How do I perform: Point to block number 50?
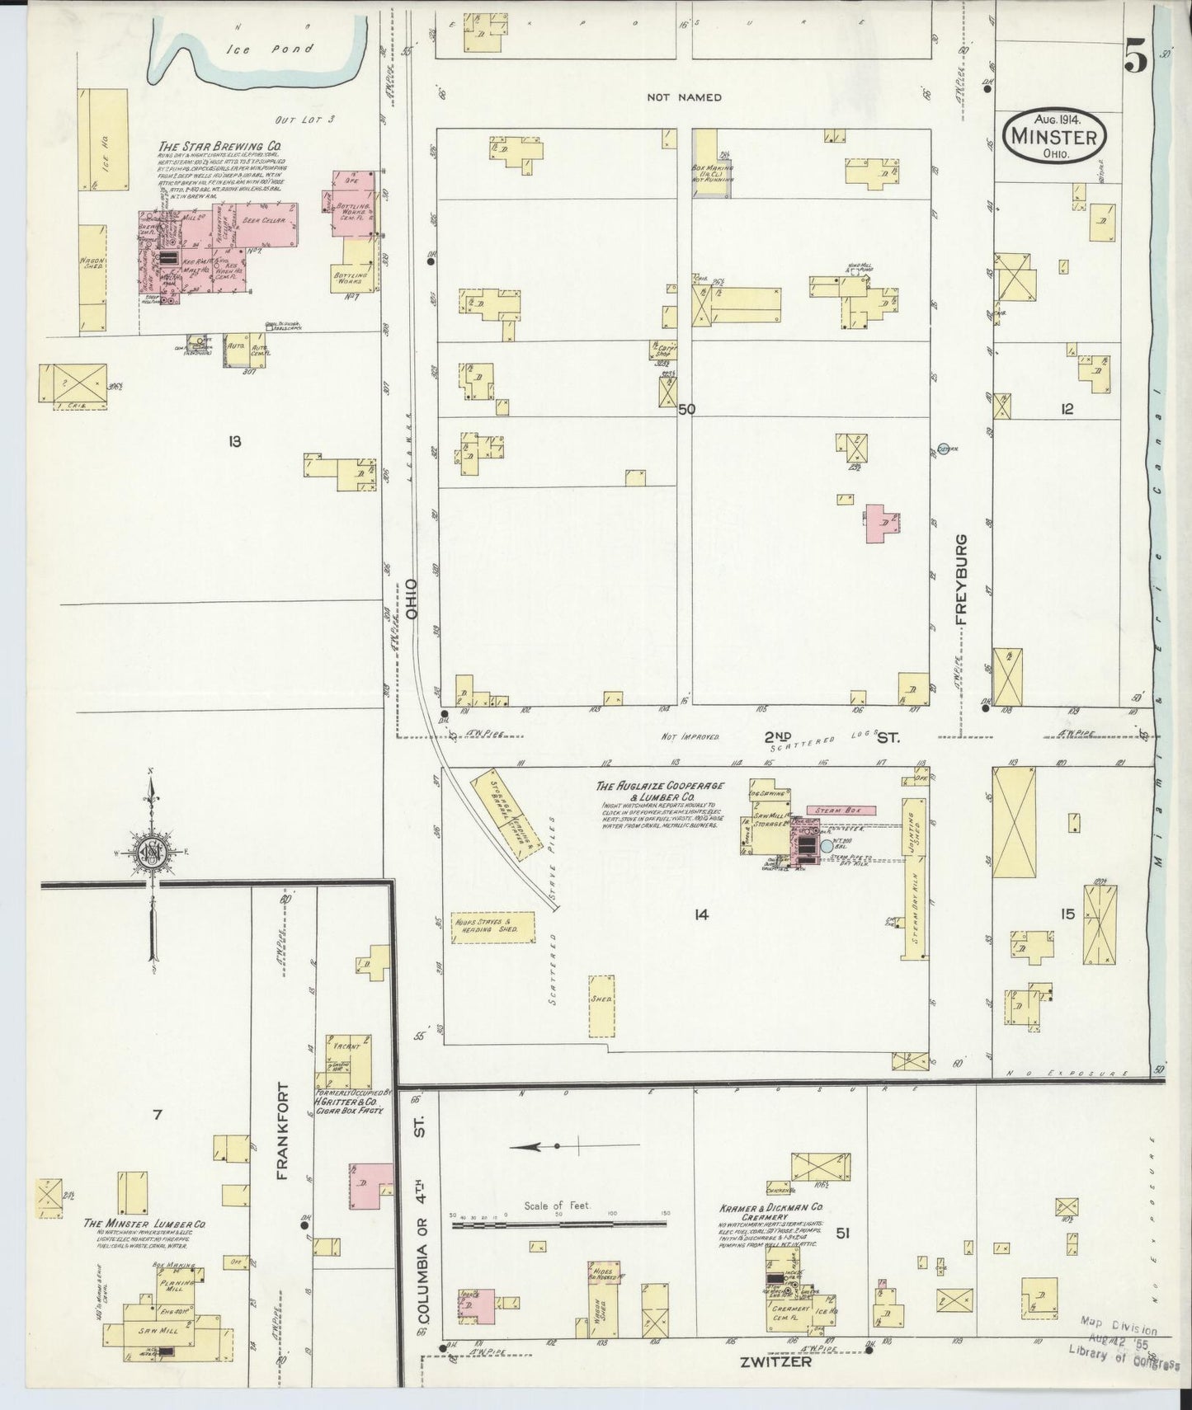(x=686, y=409)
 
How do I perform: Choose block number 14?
(x=701, y=914)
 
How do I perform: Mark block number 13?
(x=234, y=442)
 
